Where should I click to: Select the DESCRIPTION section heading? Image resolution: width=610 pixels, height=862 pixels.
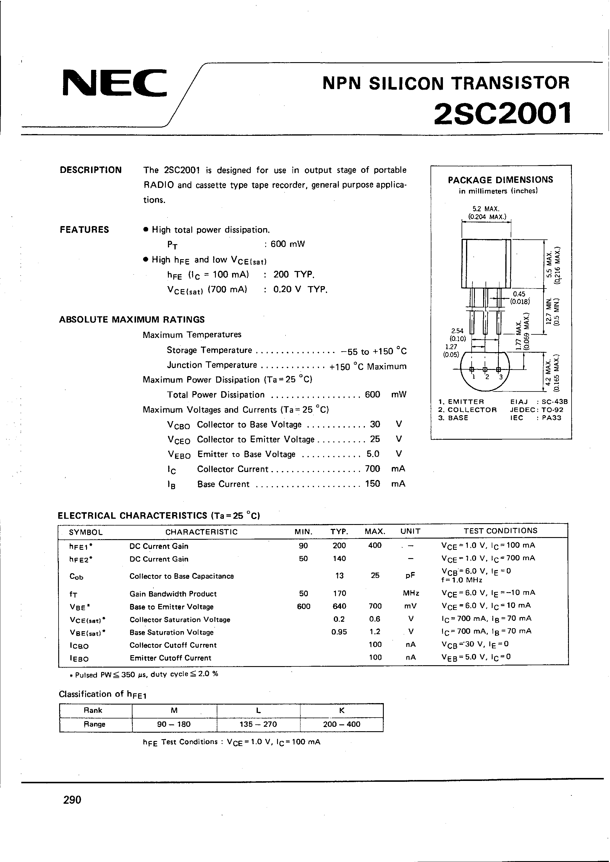(90, 170)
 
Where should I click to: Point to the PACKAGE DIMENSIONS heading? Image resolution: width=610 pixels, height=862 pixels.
(500, 180)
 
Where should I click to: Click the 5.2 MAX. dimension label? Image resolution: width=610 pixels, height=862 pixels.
(486, 209)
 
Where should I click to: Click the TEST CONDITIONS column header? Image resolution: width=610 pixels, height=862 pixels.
(500, 531)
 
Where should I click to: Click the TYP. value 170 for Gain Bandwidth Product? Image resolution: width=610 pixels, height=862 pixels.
(339, 594)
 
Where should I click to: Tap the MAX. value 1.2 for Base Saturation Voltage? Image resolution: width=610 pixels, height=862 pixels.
(375, 632)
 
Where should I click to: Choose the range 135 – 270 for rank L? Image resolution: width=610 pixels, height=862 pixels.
(258, 724)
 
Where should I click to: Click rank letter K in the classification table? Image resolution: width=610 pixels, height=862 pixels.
(342, 710)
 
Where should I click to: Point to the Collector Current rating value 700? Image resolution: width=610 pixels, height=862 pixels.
(372, 469)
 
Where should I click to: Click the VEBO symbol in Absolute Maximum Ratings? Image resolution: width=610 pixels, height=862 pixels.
(179, 455)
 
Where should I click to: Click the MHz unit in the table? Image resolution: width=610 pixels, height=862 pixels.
(411, 594)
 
